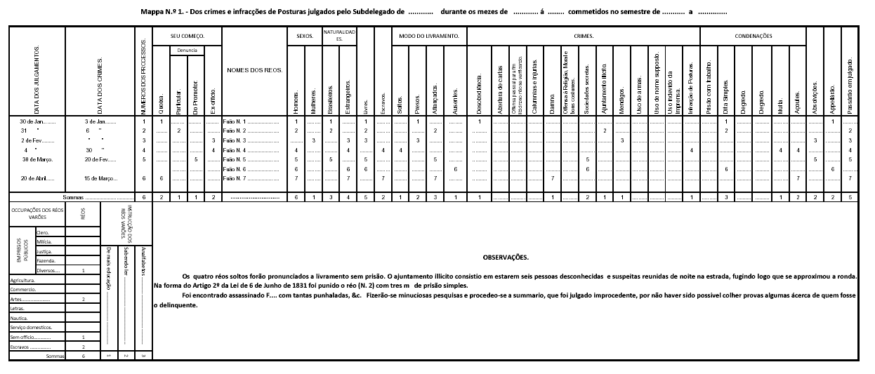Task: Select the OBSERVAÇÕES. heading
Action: (506, 258)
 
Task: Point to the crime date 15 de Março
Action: (100, 178)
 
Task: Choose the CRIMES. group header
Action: (583, 36)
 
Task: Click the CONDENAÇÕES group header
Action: (753, 36)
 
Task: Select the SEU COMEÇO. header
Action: (187, 36)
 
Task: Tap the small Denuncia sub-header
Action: (187, 51)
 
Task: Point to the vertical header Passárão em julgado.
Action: (850, 77)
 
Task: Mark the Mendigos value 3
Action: (621, 141)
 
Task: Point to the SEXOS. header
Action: (303, 36)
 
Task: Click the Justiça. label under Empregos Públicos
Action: (45, 251)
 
